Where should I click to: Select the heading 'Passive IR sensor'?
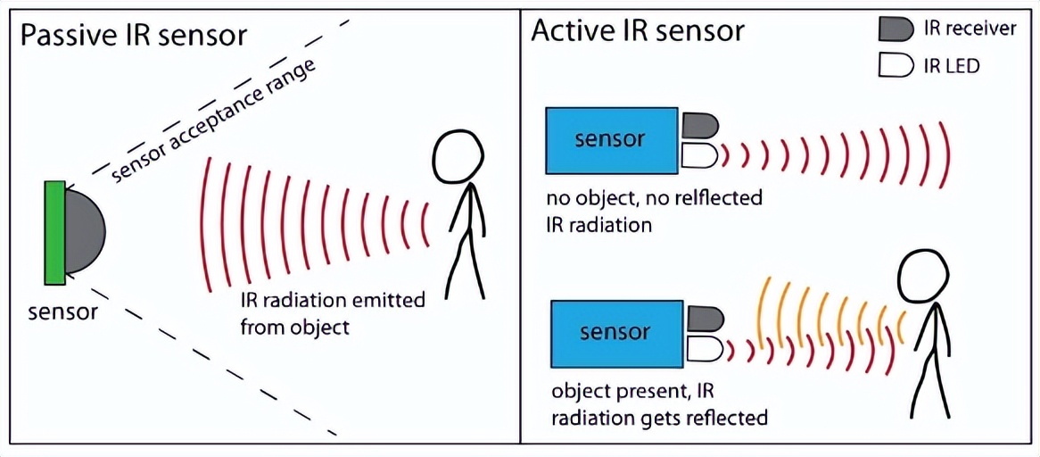133,37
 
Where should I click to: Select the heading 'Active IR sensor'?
638,30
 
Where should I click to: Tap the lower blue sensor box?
615,333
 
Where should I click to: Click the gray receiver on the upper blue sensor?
700,126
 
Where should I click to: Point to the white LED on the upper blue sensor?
700,156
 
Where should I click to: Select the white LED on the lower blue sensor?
705,349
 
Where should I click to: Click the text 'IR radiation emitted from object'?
332,313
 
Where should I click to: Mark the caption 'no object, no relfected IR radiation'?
655,211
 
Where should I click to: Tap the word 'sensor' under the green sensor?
62,312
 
